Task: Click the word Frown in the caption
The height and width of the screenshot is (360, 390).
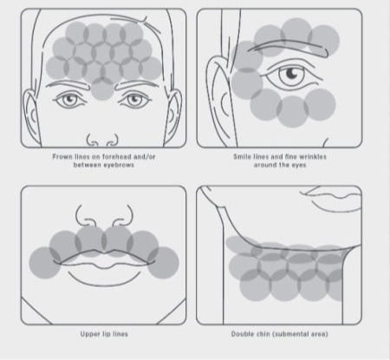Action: (x=62, y=157)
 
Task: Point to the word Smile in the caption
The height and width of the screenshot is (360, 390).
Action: (x=242, y=157)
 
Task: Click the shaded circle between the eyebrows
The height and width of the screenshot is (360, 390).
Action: (x=102, y=88)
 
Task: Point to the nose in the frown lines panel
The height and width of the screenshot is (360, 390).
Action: (x=102, y=140)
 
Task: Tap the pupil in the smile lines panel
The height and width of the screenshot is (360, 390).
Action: (x=291, y=73)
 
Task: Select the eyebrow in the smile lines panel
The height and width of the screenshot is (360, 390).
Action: (x=289, y=47)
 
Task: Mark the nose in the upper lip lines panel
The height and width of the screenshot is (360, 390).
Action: (x=104, y=216)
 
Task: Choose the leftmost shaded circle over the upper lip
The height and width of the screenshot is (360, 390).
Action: (x=45, y=263)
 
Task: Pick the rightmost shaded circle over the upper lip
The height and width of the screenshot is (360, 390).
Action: (x=163, y=263)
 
